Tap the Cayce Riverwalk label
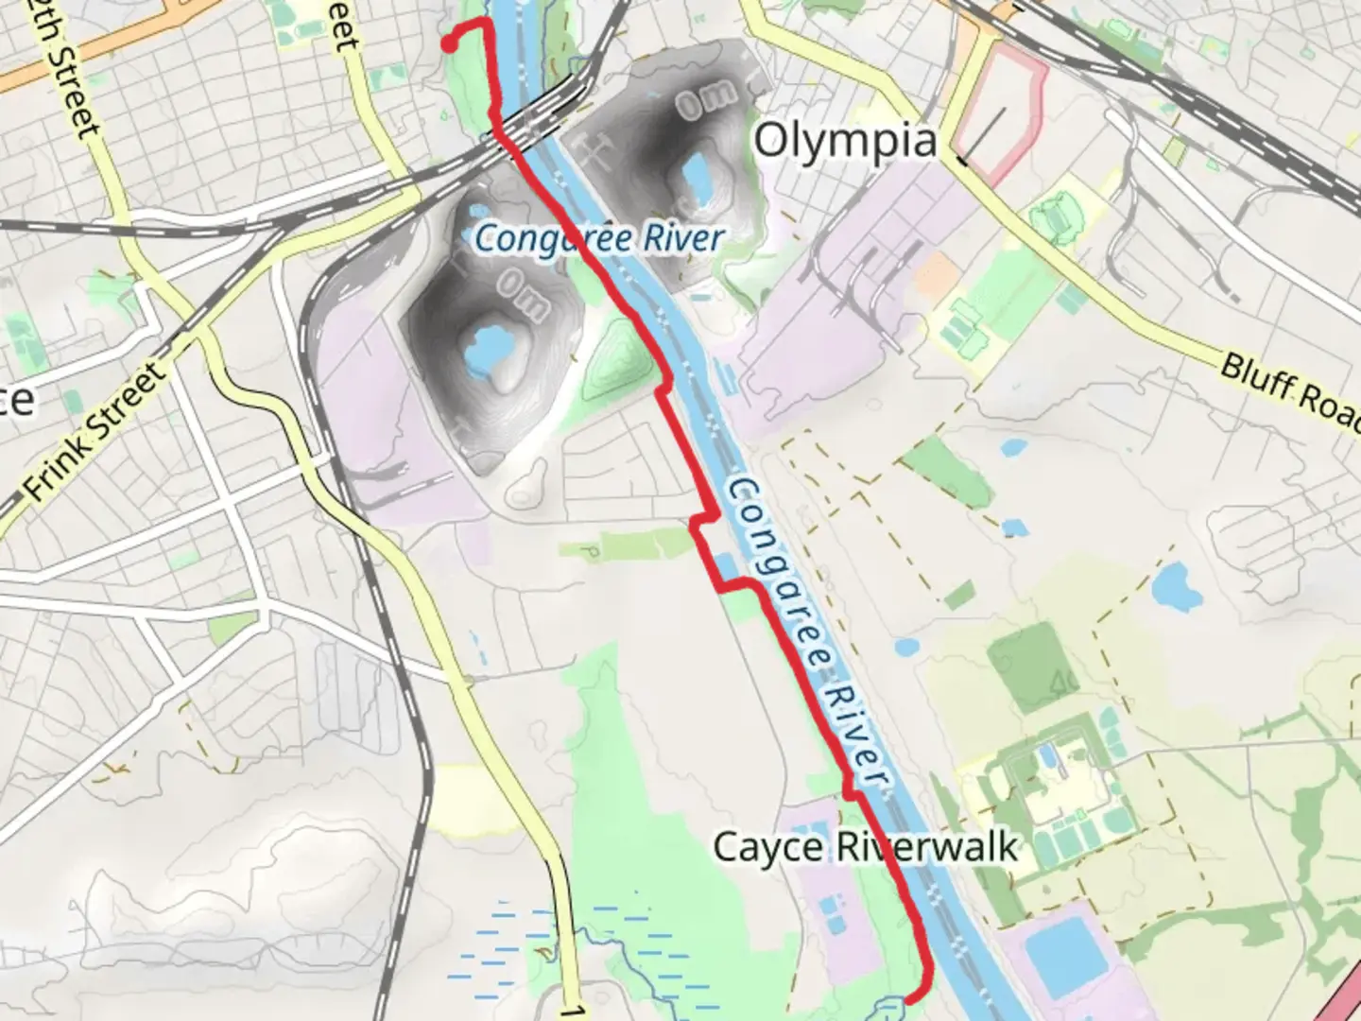[x=865, y=846]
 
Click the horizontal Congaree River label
[x=599, y=238]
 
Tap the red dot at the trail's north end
[x=450, y=43]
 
